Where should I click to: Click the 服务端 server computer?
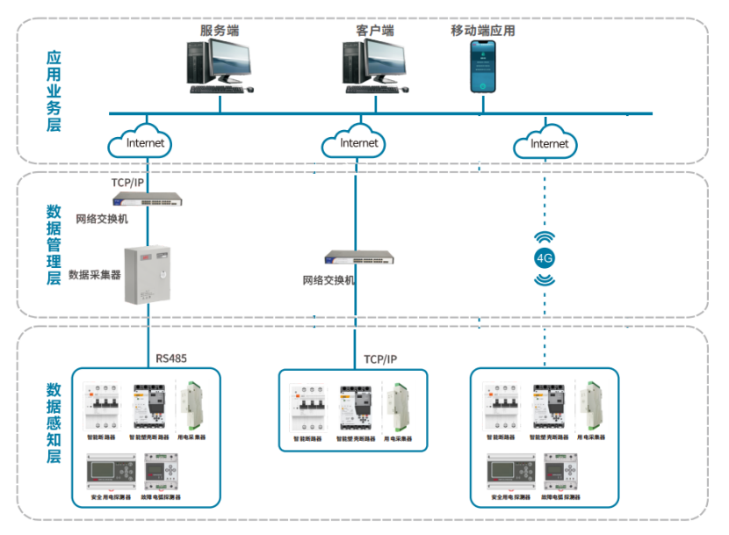tap(220, 64)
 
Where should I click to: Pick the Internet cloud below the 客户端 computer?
tap(354, 142)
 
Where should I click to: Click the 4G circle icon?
tap(545, 258)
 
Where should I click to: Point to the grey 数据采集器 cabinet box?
tap(149, 274)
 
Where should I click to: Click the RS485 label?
tap(171, 358)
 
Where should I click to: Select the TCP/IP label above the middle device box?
tap(380, 359)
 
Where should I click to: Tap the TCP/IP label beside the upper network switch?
tap(127, 183)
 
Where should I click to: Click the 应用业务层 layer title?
tap(54, 90)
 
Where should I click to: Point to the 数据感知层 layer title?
tap(54, 423)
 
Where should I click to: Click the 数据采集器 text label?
tap(94, 274)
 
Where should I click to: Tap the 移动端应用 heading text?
tap(482, 31)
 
